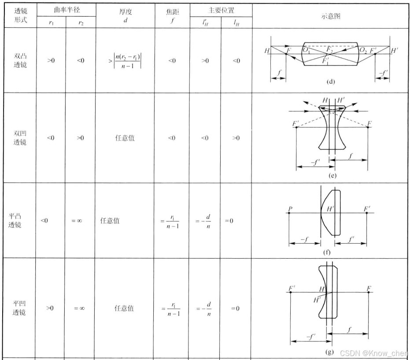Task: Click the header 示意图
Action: click(x=330, y=16)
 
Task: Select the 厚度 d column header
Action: click(x=126, y=16)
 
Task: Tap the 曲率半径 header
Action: click(x=66, y=10)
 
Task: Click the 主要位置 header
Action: click(x=221, y=10)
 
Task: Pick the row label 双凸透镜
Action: click(x=20, y=60)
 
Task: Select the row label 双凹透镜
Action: click(x=20, y=138)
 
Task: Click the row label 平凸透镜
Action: click(x=15, y=221)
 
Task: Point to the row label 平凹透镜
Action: click(x=19, y=308)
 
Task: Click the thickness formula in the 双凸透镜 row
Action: click(x=125, y=61)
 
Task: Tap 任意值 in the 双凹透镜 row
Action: click(x=125, y=138)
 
